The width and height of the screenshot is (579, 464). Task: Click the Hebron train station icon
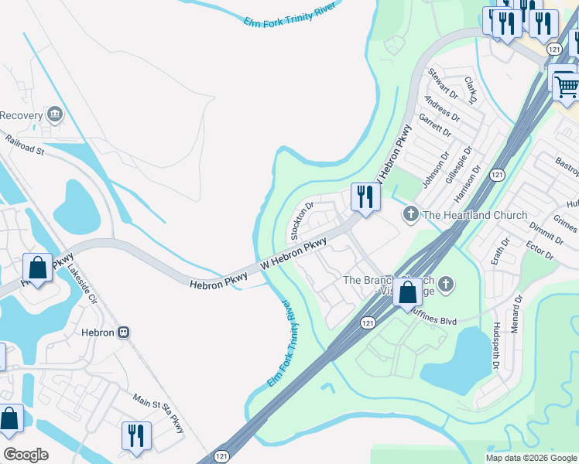[123, 332]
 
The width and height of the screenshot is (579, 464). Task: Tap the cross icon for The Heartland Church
[410, 214]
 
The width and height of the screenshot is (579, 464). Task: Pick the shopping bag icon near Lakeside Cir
[37, 268]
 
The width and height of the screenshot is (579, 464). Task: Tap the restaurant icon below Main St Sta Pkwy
[136, 435]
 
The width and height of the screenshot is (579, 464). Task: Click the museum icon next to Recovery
[54, 115]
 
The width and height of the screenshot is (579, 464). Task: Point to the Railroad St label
[24, 145]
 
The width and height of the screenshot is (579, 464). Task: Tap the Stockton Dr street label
[300, 220]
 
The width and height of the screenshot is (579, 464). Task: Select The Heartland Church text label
[475, 215]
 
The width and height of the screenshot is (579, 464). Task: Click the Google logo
[26, 454]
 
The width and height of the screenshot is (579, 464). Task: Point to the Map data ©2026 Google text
[531, 458]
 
